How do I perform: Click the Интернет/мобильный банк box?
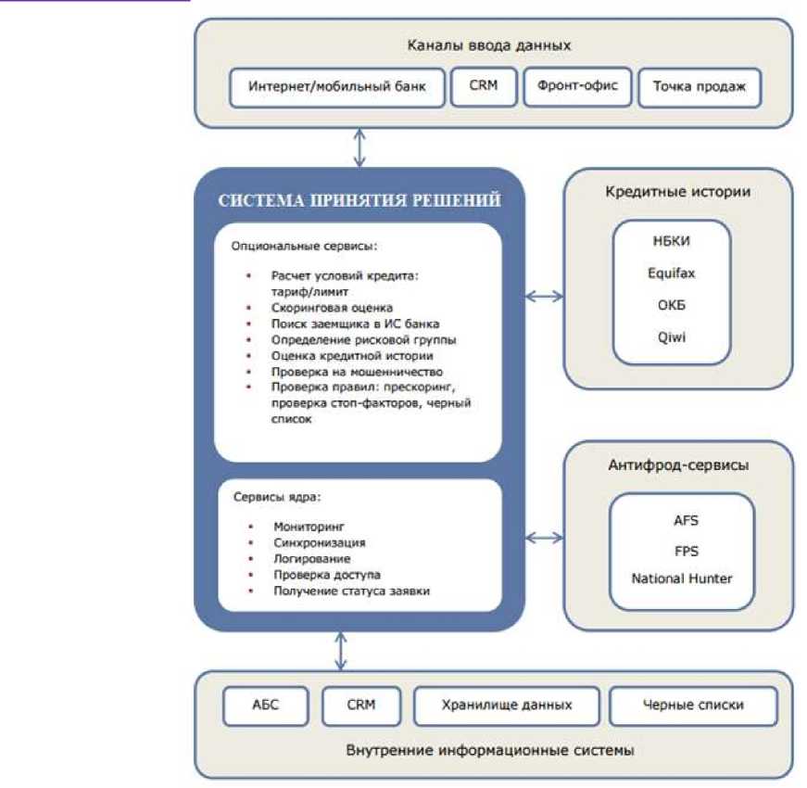click(336, 89)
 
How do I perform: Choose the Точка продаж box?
click(700, 89)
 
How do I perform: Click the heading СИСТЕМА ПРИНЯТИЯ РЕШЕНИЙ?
click(359, 199)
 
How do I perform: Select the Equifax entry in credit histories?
click(672, 274)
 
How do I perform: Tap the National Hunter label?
click(681, 578)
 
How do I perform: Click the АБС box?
click(265, 705)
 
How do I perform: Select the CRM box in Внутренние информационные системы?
click(361, 705)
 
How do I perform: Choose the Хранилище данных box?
click(505, 705)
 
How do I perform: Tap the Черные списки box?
click(692, 705)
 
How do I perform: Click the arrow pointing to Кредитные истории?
click(544, 296)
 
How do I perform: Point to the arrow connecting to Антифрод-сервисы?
click(544, 537)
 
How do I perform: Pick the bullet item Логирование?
click(310, 559)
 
